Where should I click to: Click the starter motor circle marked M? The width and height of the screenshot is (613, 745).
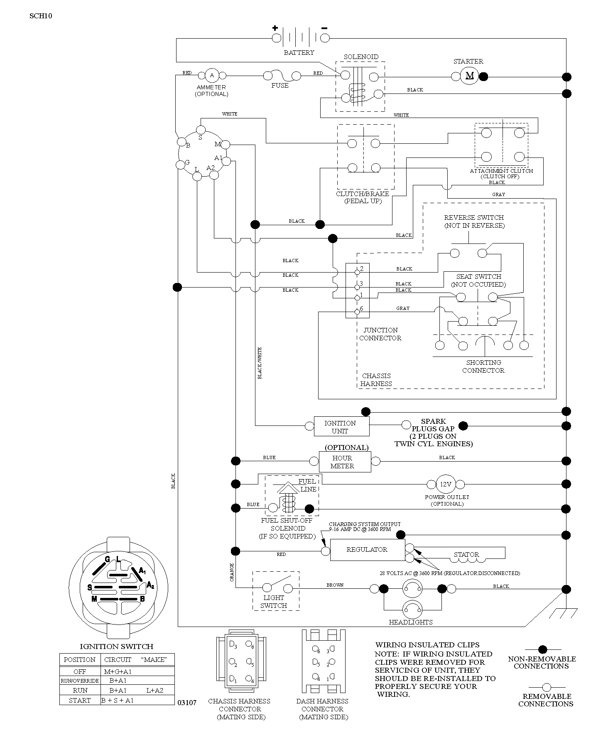pos(469,76)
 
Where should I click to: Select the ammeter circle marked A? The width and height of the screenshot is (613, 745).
pos(212,75)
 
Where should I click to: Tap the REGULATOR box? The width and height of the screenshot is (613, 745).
pos(367,550)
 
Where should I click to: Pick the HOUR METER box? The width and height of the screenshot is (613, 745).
pos(345,462)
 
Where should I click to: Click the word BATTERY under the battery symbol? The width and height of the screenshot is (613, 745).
pos(299,53)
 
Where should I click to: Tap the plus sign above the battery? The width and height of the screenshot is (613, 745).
pos(275,28)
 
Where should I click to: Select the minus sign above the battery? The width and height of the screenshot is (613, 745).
pos(324,28)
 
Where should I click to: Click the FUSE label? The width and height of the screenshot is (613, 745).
pos(280,86)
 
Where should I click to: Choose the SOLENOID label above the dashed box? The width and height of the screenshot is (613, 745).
pos(361,57)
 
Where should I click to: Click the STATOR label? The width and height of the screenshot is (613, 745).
pos(466,555)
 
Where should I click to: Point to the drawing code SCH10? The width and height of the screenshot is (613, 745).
pos(41,16)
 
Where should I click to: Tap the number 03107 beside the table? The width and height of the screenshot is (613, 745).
pos(187,703)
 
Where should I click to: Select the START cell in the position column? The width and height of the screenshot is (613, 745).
pos(80,701)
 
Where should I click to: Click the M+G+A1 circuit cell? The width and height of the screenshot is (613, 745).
pos(118,671)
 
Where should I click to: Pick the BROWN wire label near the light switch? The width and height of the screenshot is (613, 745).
pos(335,585)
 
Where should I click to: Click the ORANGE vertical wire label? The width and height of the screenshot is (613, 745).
pos(232,572)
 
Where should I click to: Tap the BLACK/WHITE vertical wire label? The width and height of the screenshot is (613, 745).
pos(260,363)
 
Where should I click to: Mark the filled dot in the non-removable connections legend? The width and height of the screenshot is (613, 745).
pos(542,649)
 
